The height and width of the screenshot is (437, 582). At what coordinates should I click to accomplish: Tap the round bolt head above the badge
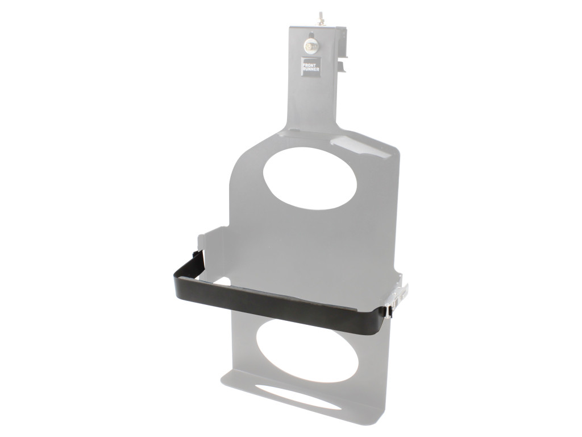coord(311,45)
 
